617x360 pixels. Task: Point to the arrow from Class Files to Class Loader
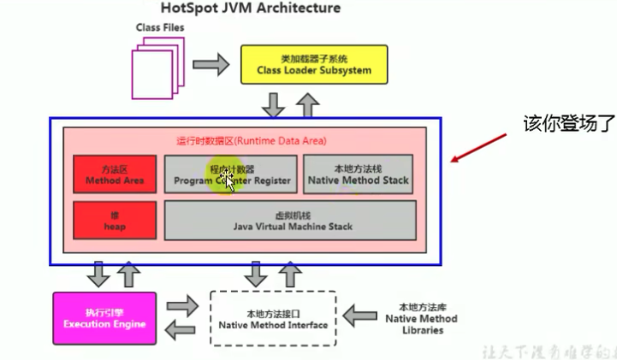[x=211, y=63]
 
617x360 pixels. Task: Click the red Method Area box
[x=114, y=175]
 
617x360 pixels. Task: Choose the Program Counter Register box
[x=231, y=175]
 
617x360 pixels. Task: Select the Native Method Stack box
[x=358, y=175]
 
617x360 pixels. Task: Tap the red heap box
[x=114, y=221]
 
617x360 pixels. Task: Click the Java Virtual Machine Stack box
[x=290, y=221]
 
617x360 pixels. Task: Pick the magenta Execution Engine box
[x=104, y=318]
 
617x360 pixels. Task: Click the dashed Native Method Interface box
[x=274, y=318]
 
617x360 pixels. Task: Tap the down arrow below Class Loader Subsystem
[x=274, y=105]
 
